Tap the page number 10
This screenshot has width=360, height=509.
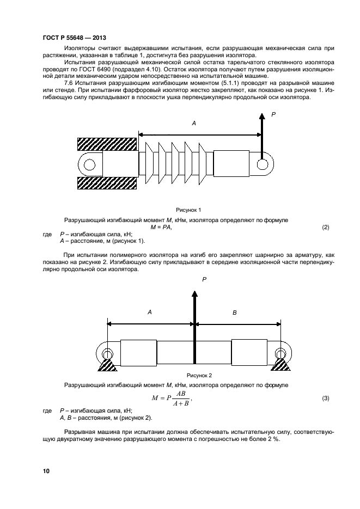tap(46, 470)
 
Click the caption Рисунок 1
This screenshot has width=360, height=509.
tap(188, 210)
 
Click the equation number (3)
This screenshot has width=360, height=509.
tap(326, 398)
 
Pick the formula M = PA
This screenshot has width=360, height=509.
tap(161, 226)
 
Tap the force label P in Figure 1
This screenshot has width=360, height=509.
tap(274, 114)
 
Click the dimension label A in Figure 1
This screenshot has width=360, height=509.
tap(194, 125)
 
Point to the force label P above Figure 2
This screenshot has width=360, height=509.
tap(204, 278)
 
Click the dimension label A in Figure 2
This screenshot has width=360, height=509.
tap(150, 312)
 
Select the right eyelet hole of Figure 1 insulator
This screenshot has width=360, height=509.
tap(263, 163)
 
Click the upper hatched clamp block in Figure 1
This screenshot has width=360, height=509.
tap(107, 144)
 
